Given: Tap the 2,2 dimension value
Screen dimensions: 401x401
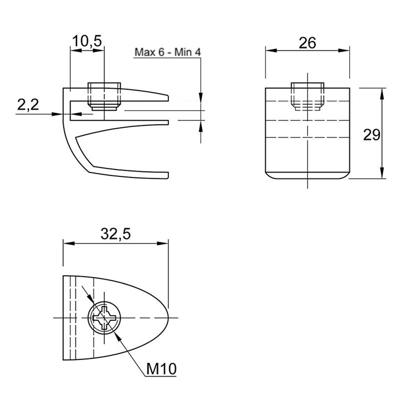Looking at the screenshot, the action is [x=28, y=105].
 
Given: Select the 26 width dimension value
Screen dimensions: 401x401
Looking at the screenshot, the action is [x=307, y=43].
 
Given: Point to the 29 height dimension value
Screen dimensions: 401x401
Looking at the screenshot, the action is [x=372, y=135].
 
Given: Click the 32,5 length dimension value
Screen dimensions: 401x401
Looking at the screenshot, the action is [x=116, y=234].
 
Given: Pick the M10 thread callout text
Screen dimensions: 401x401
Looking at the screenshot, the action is [x=161, y=369].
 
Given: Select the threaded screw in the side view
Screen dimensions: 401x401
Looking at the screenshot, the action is [x=104, y=96].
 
